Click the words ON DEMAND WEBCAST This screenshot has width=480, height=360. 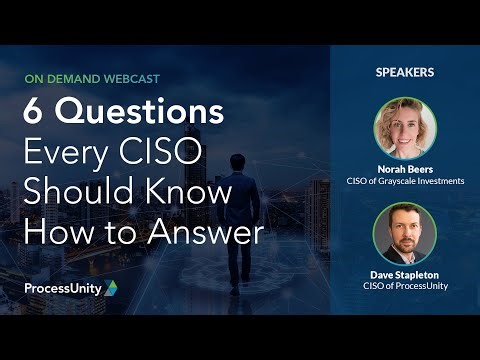click(x=91, y=77)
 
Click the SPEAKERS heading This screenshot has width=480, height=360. click(x=404, y=72)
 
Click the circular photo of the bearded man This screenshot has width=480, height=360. click(x=404, y=234)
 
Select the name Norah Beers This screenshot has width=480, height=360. click(x=404, y=169)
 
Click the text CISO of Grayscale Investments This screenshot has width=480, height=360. click(x=404, y=181)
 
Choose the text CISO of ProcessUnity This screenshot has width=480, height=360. click(x=404, y=288)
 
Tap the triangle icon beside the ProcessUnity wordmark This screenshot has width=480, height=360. click(x=111, y=288)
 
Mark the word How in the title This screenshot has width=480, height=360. click(x=54, y=232)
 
